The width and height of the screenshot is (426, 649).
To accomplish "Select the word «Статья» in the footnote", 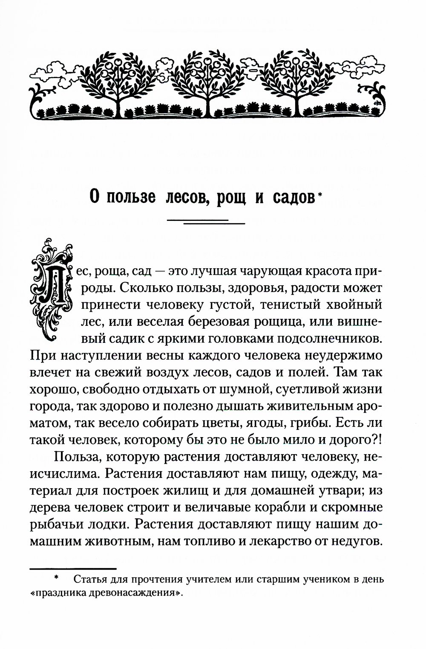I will (x=89, y=580).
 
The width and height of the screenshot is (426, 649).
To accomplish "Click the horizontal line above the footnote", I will (x=73, y=569).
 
